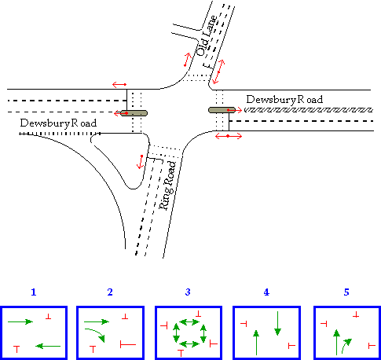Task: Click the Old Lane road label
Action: point(207,36)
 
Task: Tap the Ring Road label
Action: point(168,186)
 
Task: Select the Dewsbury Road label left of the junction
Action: point(58,123)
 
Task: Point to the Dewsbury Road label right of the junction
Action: point(284,100)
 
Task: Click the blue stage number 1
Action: point(34,292)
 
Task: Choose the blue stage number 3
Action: point(188,292)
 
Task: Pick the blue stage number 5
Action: point(346,292)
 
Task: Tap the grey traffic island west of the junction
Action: point(134,113)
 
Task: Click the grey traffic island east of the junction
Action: point(222,110)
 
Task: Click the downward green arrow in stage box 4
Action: point(277,324)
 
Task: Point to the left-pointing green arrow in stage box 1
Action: point(48,346)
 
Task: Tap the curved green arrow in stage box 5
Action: point(346,344)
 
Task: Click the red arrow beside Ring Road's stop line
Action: point(141,162)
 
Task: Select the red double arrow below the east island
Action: point(229,136)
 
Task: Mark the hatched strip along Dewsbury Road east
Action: point(309,110)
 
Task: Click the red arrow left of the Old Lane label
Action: point(187,60)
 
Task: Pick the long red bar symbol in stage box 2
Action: point(128,344)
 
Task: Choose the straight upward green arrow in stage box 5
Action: point(336,343)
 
